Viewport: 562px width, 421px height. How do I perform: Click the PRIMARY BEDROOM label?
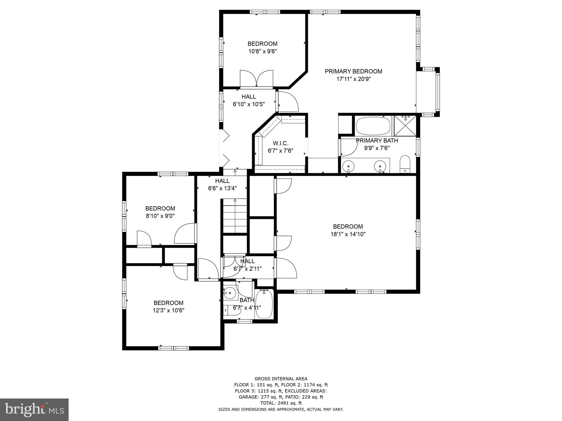(x=353, y=72)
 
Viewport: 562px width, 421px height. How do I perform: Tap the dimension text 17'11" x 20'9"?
(x=353, y=79)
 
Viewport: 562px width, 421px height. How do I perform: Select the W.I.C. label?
(x=280, y=143)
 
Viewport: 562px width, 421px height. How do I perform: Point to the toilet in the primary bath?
(x=405, y=164)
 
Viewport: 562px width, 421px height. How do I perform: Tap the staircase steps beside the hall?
(x=235, y=217)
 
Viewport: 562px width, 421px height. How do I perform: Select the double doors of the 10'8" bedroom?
(x=256, y=79)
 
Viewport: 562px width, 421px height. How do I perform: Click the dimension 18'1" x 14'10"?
(x=348, y=234)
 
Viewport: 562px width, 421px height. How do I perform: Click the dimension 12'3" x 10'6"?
(x=168, y=311)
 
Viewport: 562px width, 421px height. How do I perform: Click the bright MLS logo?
(x=34, y=409)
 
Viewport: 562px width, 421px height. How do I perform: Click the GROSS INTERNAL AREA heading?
(x=281, y=379)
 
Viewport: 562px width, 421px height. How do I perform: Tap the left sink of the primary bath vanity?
(x=349, y=166)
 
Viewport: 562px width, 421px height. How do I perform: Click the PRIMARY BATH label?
(x=377, y=141)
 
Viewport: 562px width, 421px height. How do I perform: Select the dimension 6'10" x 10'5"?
(x=249, y=104)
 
